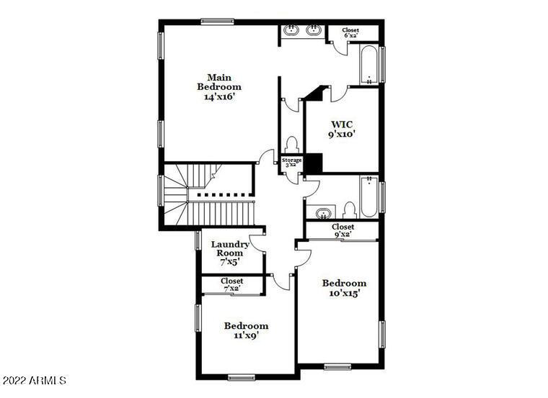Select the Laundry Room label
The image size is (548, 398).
[x=230, y=253]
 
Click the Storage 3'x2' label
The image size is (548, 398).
[x=291, y=163]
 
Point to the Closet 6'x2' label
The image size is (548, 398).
[x=350, y=32]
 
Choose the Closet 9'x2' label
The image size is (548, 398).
[x=342, y=230]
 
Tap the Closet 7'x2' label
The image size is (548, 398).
[x=231, y=285]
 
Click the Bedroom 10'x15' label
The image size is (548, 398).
[x=344, y=288]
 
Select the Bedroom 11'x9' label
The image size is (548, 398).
[x=245, y=330]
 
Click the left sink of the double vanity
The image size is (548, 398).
[x=291, y=30]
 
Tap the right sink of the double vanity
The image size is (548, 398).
[x=314, y=30]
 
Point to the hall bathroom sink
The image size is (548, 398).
[x=323, y=212]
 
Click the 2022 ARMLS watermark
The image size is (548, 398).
[x=35, y=379]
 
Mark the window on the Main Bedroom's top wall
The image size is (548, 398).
[x=217, y=21]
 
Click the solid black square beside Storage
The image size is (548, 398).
[x=313, y=163]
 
